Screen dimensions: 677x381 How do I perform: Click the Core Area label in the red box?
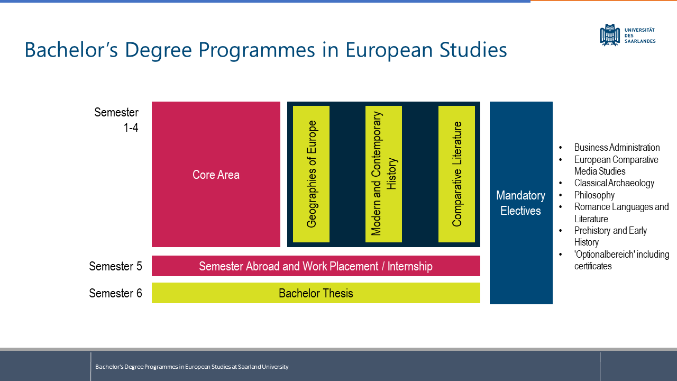tap(216, 175)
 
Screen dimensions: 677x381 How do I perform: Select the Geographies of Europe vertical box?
tap(311, 174)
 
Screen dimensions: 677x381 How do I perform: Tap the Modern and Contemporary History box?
tap(383, 174)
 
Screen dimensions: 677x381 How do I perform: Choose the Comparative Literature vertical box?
tap(456, 174)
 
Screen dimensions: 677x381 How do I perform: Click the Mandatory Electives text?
tap(521, 203)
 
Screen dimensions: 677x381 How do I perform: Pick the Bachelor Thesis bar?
tap(316, 293)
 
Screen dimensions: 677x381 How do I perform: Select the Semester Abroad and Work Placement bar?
tap(316, 266)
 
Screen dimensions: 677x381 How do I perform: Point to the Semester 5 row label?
tap(115, 266)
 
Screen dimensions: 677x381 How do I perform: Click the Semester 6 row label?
tap(115, 293)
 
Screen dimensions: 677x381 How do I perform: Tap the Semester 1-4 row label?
tap(116, 120)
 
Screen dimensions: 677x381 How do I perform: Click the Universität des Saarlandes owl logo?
tap(610, 35)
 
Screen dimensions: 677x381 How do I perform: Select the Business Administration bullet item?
tap(617, 148)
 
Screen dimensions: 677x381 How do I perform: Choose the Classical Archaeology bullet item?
tap(614, 183)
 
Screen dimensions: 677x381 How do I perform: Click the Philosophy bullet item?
tap(594, 195)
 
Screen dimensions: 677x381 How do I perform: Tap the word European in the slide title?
tap(389, 50)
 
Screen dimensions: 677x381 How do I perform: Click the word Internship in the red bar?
tap(410, 266)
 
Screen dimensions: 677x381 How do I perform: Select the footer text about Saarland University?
tap(192, 367)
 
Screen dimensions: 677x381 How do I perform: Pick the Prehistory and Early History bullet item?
tap(610, 237)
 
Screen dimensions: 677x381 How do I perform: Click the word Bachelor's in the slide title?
tap(71, 50)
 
